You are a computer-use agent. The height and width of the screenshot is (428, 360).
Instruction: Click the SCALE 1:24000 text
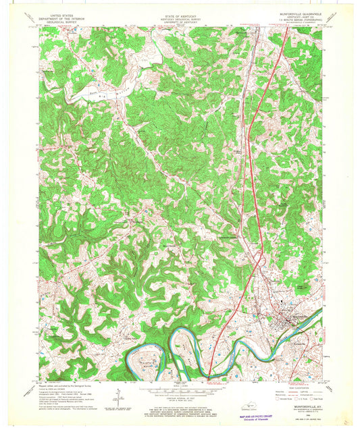pyautogui.click(x=177, y=383)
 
